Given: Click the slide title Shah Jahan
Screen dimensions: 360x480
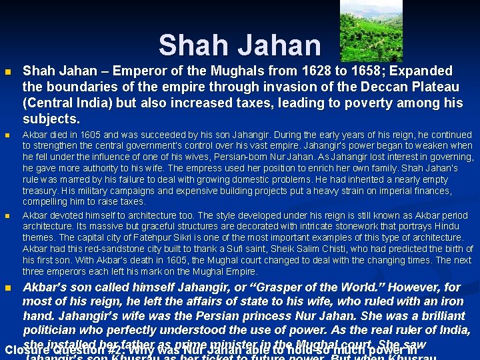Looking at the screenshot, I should (239, 45).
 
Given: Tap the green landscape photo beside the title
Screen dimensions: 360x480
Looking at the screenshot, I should (361, 30).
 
